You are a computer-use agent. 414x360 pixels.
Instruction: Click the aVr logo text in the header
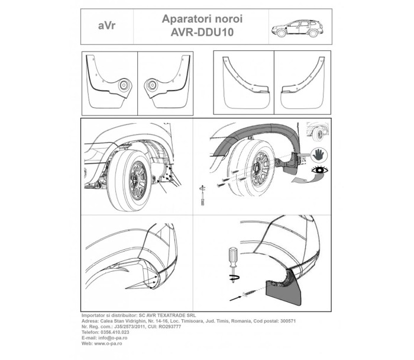(107, 27)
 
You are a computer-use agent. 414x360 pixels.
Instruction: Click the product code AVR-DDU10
(202, 34)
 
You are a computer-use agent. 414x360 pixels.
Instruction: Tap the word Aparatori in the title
(182, 19)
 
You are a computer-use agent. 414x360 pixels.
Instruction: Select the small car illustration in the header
(296, 28)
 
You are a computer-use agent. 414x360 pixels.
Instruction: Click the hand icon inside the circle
(320, 155)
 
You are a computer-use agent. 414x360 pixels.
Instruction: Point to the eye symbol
(320, 172)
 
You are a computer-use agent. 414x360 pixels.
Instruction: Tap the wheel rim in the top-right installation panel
(261, 171)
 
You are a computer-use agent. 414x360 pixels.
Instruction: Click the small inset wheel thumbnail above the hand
(318, 132)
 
